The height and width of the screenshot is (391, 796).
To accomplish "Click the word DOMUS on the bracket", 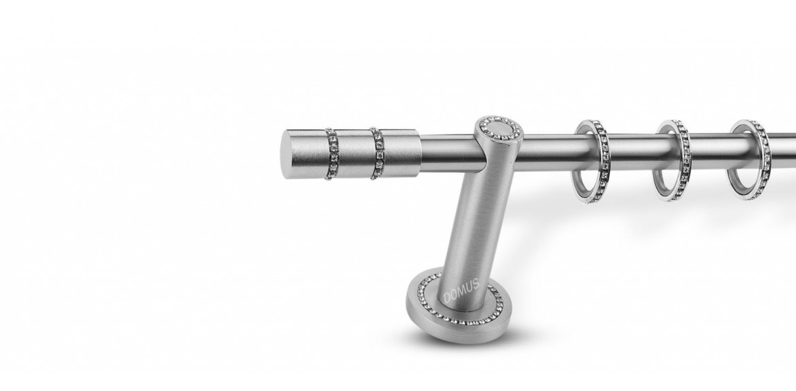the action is tap(461, 291).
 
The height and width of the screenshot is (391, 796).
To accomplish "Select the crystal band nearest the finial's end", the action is tap(331, 154).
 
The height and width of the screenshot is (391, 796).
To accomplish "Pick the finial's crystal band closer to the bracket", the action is tap(377, 153).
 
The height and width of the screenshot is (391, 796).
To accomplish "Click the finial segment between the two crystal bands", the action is tap(354, 154).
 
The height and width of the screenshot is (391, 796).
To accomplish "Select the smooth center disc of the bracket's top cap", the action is tap(501, 129).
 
